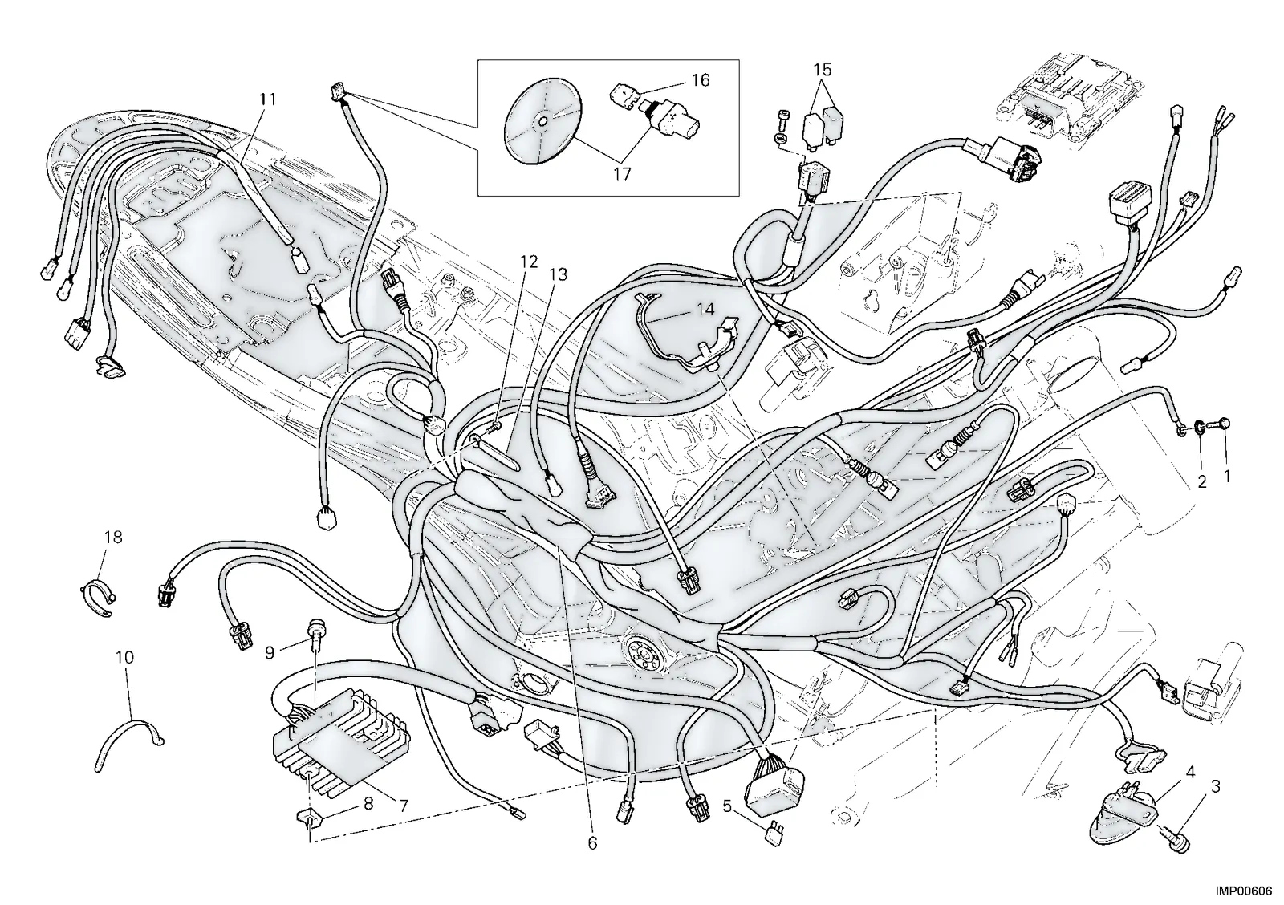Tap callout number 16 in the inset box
pos(700,80)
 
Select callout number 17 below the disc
pos(622,174)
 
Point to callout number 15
pos(822,70)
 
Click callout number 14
pos(705,310)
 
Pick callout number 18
pos(113,537)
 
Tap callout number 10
pos(125,657)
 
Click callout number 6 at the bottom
pos(592,843)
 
